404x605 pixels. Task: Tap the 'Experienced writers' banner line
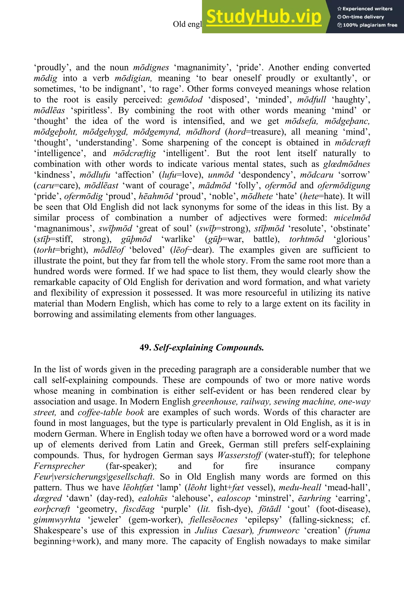(x=365, y=9)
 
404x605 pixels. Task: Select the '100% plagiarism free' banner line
(x=367, y=25)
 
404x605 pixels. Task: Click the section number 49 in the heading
(x=145, y=348)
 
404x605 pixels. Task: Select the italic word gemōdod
(x=185, y=99)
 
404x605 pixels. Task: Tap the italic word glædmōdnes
(x=347, y=164)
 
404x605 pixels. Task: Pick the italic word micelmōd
(x=352, y=218)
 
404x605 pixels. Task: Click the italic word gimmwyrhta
(x=57, y=520)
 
